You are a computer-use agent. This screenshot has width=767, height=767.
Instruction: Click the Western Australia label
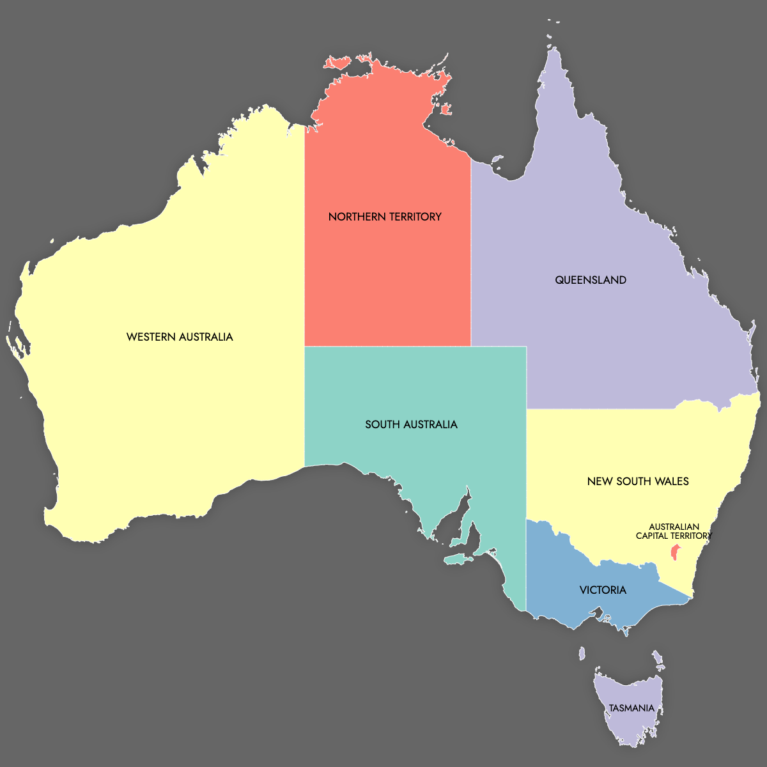180,337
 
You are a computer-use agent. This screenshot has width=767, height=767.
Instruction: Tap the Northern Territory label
385,217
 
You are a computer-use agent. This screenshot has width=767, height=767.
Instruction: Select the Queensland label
591,280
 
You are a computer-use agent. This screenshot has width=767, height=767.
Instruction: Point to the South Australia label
411,424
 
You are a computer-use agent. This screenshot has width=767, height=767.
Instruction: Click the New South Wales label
638,481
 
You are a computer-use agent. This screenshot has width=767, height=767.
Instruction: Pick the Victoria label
603,590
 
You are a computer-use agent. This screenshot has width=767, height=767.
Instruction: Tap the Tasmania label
631,708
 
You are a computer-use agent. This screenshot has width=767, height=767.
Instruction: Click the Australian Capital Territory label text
674,532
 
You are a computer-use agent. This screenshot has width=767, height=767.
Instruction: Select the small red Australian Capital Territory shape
674,552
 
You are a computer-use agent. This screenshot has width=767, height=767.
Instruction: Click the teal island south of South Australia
458,560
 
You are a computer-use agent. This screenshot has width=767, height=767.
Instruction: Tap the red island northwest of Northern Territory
337,63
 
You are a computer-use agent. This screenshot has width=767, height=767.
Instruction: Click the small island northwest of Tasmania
582,654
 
